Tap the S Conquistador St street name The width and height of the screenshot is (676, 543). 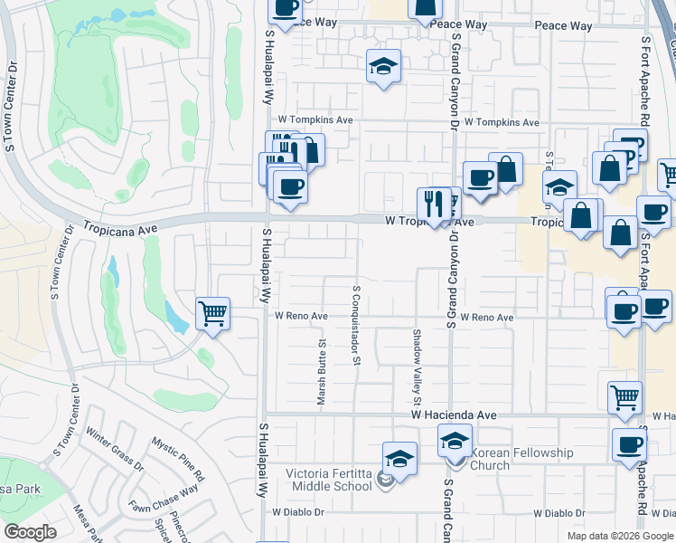[x=357, y=326]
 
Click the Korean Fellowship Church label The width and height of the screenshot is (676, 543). [x=522, y=459]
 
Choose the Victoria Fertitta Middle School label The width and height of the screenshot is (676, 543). [x=329, y=480]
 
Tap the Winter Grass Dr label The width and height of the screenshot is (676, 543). [x=115, y=450]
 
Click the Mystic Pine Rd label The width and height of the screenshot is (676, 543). [x=177, y=460]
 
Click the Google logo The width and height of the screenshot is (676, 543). [x=30, y=532]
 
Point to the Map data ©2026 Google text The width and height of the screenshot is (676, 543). [x=620, y=536]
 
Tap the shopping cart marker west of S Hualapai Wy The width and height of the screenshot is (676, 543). [x=212, y=315]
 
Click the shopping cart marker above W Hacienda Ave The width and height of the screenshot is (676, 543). [x=625, y=396]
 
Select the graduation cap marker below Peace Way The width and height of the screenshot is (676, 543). [x=383, y=66]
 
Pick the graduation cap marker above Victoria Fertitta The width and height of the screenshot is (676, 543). [x=399, y=459]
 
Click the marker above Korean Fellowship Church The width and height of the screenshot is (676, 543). [x=455, y=443]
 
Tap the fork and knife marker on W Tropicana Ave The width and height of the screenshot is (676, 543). [x=432, y=205]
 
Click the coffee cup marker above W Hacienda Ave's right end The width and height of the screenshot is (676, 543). [x=629, y=445]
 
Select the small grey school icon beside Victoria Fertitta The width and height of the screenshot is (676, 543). [x=386, y=481]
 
